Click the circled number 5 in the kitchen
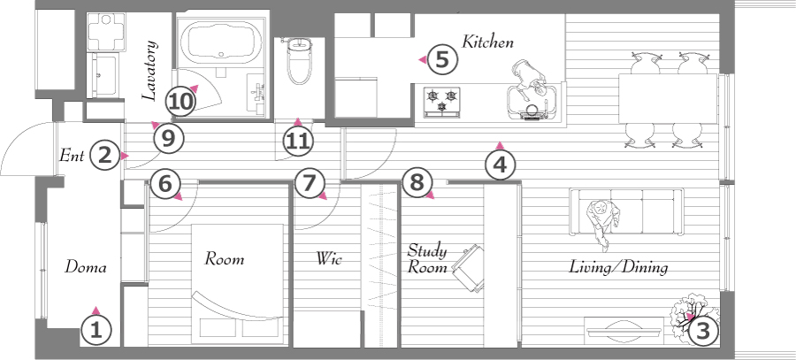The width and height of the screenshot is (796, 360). (442, 60)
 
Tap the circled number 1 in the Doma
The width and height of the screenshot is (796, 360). (96, 331)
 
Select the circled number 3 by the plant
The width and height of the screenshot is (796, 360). (702, 331)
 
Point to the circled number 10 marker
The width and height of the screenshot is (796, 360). (181, 102)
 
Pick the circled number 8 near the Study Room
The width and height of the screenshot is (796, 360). (417, 182)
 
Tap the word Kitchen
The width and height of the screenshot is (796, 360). (487, 42)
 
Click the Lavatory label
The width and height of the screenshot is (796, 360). (149, 70)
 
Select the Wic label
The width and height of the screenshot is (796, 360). (328, 258)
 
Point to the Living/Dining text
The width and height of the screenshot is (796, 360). (618, 266)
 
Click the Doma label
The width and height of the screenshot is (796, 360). (85, 267)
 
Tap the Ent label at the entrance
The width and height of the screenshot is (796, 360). (72, 155)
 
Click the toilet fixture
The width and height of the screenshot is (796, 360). (300, 60)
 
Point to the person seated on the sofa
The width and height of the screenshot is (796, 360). (603, 222)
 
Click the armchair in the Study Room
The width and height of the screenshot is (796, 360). (469, 268)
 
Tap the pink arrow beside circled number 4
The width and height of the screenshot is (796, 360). (500, 146)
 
